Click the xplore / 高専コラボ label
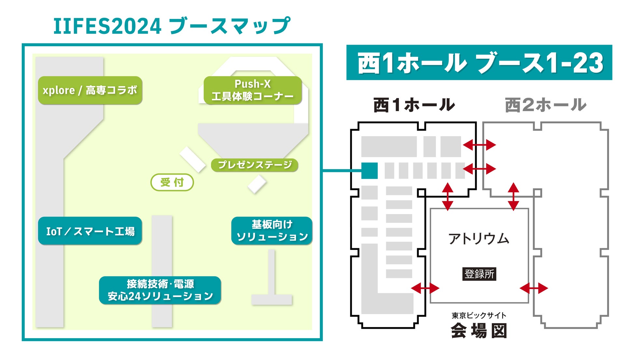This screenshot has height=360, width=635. (x=90, y=90)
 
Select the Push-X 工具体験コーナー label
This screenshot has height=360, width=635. (x=252, y=90)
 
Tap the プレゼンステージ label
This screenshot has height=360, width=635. (x=255, y=165)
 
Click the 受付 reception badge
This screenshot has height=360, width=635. (x=172, y=182)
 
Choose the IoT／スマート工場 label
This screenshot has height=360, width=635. (x=90, y=231)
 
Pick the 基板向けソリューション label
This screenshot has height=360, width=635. (x=272, y=231)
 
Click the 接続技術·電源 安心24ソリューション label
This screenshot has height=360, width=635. (x=160, y=290)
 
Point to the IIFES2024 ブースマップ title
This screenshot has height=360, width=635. (x=171, y=26)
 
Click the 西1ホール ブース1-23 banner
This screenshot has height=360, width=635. (x=479, y=63)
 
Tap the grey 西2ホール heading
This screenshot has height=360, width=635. (x=545, y=105)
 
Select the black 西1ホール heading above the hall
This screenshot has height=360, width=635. (x=414, y=105)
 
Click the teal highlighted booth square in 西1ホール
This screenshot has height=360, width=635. (x=369, y=171)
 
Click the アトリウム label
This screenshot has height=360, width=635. (x=479, y=238)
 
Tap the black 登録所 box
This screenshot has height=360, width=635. (x=479, y=274)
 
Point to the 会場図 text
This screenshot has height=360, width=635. (x=479, y=331)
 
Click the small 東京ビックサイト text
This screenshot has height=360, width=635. (x=479, y=315)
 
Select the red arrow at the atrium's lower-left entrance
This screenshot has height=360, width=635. (x=425, y=288)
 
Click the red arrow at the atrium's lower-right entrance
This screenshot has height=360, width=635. (x=534, y=288)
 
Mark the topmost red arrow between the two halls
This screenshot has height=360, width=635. (x=479, y=145)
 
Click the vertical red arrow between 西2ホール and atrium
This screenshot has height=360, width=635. (x=513, y=196)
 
